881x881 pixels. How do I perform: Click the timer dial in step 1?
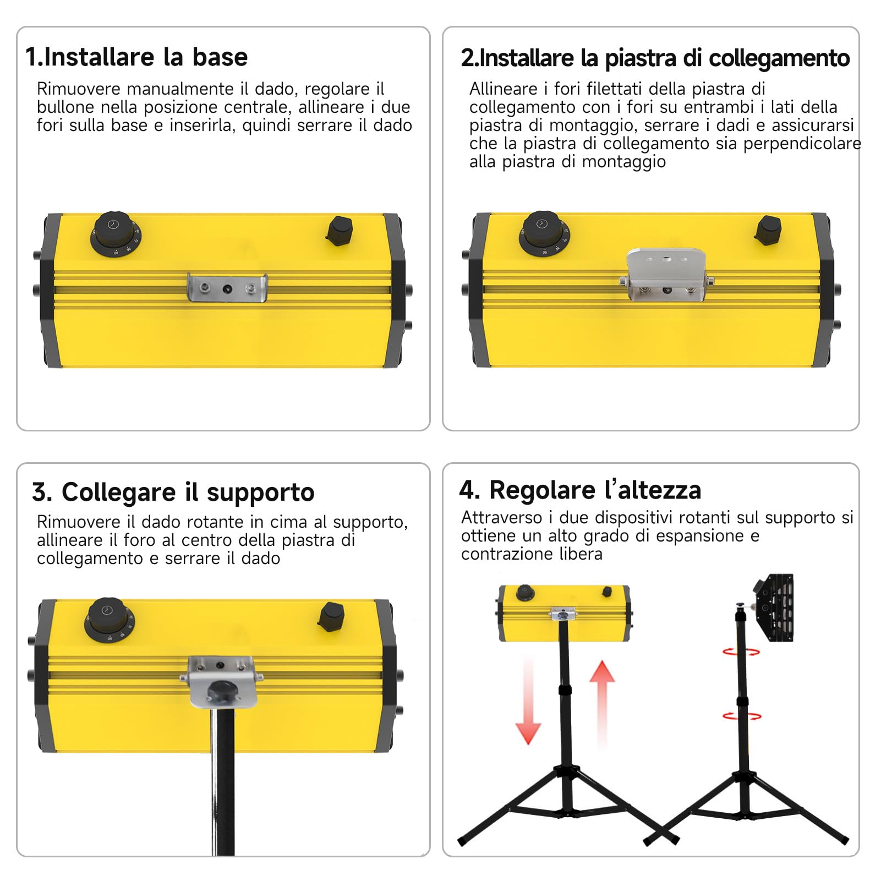114,233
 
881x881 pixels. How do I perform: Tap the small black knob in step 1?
340,230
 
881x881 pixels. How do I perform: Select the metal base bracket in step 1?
227,288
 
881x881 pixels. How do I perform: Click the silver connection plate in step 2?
666,273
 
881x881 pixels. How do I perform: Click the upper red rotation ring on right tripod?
741,652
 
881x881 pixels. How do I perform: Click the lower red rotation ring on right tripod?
742,716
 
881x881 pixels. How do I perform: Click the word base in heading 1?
220,57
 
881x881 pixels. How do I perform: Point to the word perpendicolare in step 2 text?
802,144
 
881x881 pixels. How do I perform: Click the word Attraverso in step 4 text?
502,518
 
